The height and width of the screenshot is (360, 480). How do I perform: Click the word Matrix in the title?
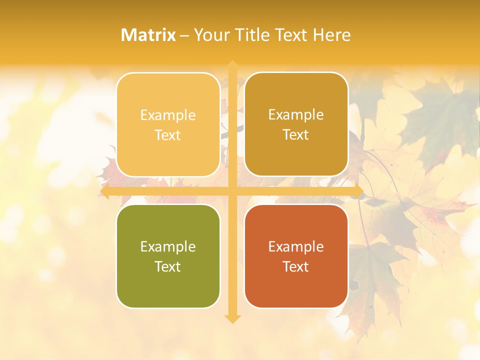pyautogui.click(x=148, y=35)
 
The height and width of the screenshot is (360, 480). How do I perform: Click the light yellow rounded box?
pyautogui.click(x=168, y=124)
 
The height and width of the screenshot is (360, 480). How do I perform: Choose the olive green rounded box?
pyautogui.click(x=168, y=256)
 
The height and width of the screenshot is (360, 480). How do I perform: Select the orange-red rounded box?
pyautogui.click(x=296, y=256)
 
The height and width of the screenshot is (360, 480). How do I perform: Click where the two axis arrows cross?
pyautogui.click(x=232, y=191)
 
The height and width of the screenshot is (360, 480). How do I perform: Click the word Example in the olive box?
pyautogui.click(x=168, y=247)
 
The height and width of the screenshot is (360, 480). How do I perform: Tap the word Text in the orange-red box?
pyautogui.click(x=296, y=266)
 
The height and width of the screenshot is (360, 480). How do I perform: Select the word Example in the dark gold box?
pyautogui.click(x=296, y=115)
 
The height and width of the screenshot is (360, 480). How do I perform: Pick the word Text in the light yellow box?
pyautogui.click(x=168, y=135)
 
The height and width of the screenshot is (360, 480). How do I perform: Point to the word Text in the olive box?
pyautogui.click(x=168, y=266)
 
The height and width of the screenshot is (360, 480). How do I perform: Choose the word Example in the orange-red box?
pyautogui.click(x=296, y=247)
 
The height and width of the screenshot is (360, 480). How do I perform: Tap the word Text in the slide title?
pyautogui.click(x=290, y=35)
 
